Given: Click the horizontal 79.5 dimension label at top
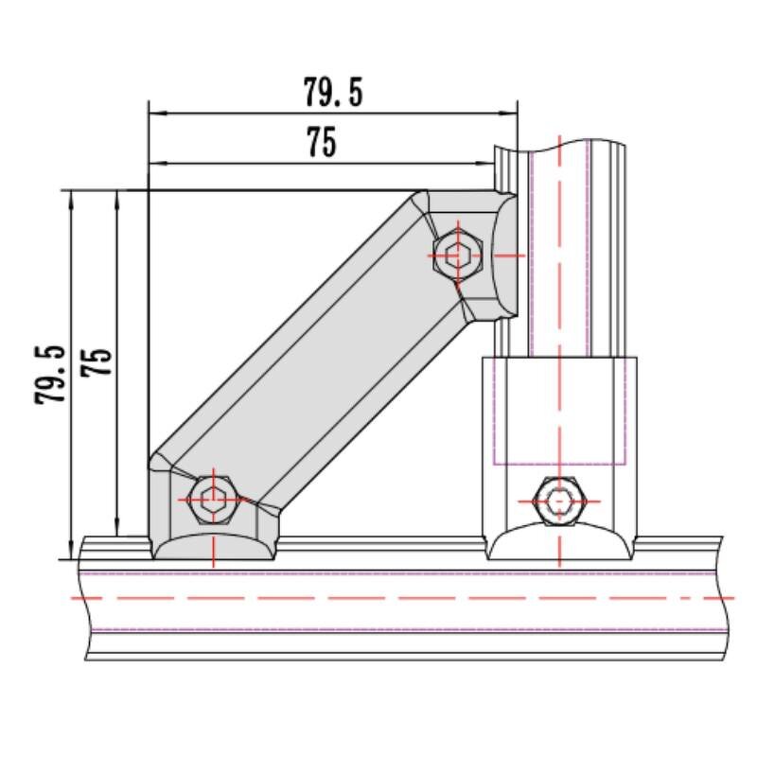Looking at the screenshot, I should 333,93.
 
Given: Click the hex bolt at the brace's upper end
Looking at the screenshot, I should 457,255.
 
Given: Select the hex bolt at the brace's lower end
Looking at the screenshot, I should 214,499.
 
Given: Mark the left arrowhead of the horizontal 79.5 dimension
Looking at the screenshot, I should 157,114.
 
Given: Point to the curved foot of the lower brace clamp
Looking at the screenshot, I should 214,547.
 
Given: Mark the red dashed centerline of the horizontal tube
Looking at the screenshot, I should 397,598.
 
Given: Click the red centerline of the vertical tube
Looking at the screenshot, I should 561,284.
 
